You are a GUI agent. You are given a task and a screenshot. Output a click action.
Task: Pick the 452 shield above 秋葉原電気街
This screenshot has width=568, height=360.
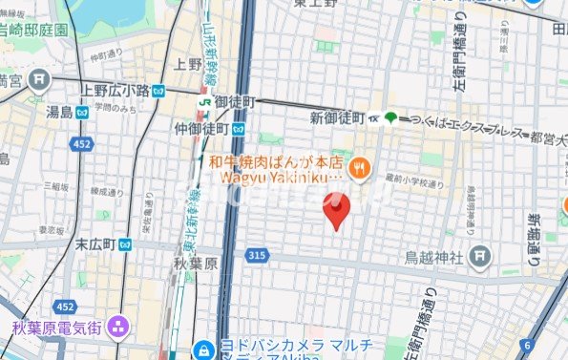click(x=65, y=307)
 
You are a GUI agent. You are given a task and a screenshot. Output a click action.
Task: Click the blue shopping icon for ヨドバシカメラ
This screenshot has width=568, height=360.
click(x=201, y=349)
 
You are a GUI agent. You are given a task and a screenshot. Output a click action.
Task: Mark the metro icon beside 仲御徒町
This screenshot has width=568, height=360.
click(x=237, y=127)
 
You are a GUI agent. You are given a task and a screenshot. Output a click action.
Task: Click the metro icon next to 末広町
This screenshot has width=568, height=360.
click(x=125, y=244)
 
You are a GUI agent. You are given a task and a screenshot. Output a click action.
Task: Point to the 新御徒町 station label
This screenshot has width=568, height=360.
click(x=338, y=117)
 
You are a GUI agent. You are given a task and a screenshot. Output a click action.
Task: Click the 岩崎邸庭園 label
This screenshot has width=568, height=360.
click(x=34, y=31)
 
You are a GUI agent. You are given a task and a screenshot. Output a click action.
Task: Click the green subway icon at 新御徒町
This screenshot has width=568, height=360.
click(x=390, y=116)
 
